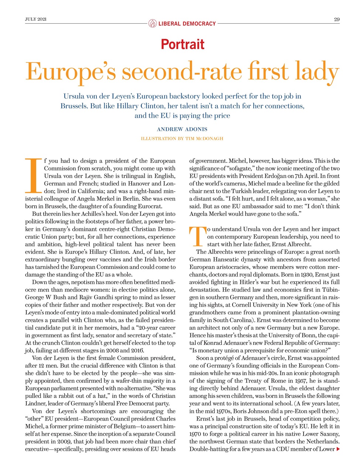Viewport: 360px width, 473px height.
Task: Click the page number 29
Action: (336, 19)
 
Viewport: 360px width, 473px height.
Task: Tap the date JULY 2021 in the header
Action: (36, 19)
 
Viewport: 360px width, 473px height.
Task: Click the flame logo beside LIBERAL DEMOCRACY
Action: (152, 24)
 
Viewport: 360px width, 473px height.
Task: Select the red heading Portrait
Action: (182, 44)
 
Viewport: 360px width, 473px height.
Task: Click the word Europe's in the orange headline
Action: (71, 72)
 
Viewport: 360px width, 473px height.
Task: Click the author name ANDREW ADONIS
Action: (182, 129)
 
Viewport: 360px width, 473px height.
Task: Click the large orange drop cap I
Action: (34, 176)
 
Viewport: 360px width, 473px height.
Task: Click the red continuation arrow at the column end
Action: (337, 449)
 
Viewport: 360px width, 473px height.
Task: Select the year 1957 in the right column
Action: (300, 381)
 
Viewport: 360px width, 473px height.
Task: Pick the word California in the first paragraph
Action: (87, 191)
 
